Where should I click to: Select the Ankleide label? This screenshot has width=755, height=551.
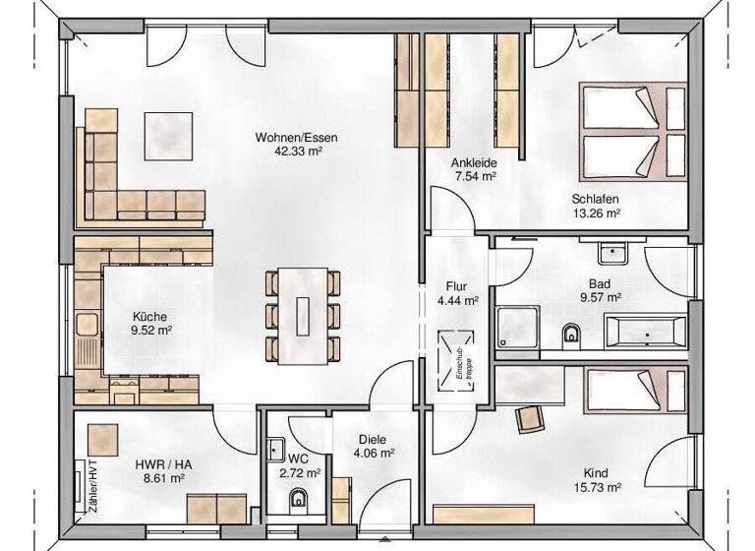click(x=473, y=162)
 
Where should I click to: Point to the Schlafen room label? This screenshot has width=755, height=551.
click(x=596, y=197)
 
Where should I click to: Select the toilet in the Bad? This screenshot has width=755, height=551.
click(x=569, y=337)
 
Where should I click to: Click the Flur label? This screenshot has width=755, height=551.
click(x=456, y=286)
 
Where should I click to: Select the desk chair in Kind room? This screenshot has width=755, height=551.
click(x=531, y=417)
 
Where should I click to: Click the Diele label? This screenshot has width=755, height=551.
click(x=373, y=440)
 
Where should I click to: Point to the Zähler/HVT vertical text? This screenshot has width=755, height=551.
click(x=91, y=488)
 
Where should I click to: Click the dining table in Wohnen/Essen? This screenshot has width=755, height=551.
click(x=304, y=314)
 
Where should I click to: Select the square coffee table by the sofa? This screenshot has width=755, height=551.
click(x=170, y=135)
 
